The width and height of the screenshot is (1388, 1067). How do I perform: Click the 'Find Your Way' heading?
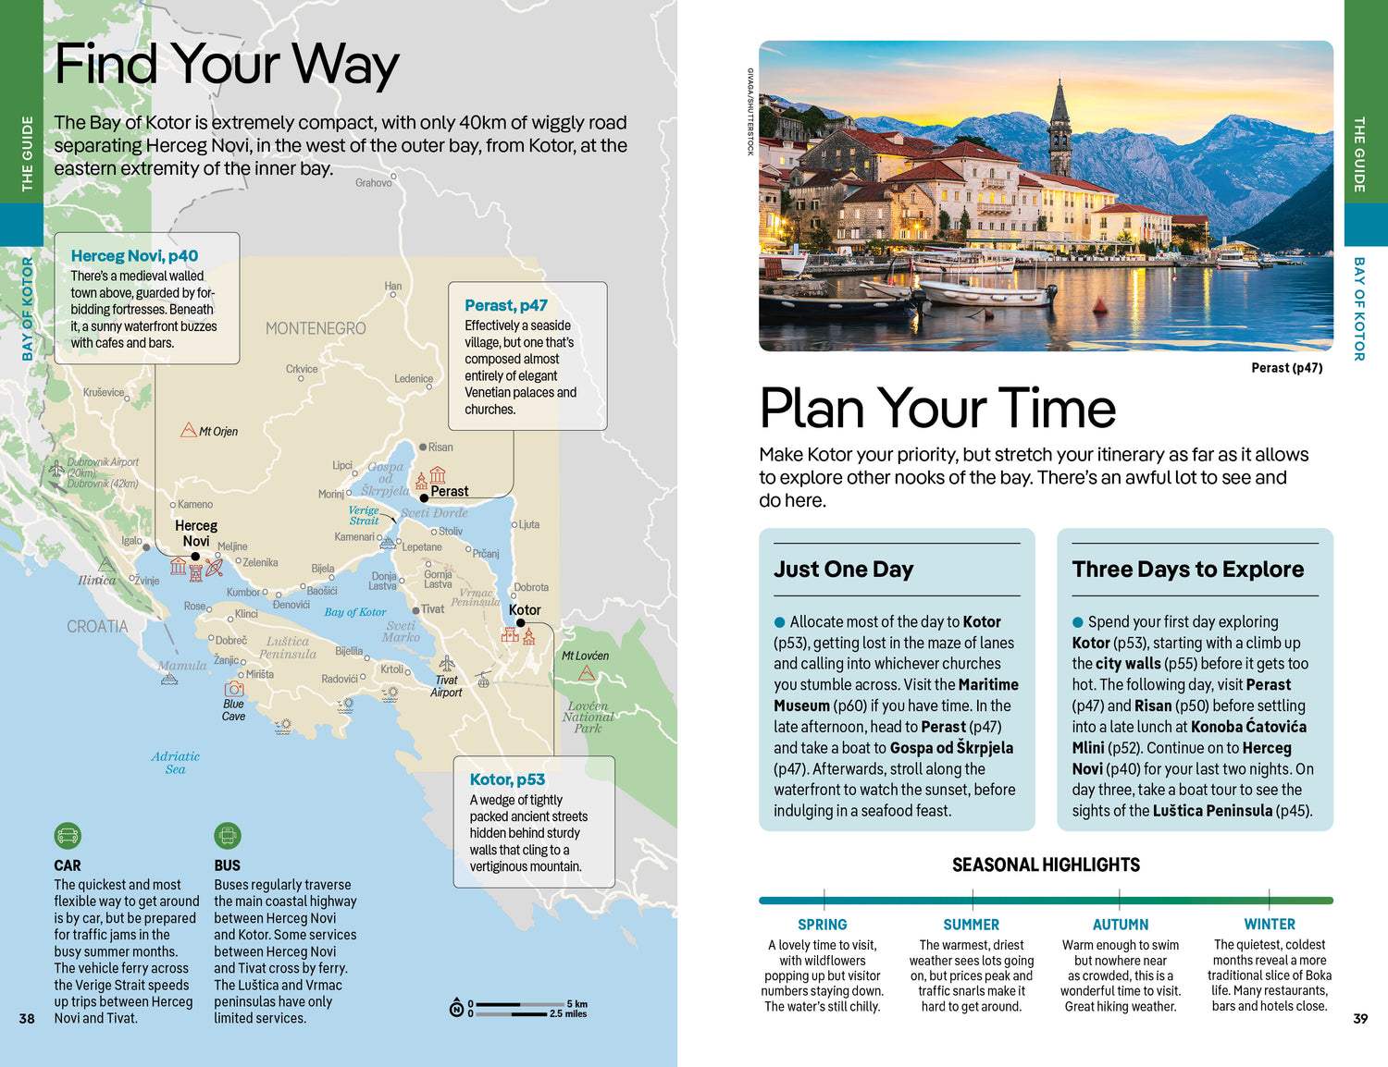tap(227, 65)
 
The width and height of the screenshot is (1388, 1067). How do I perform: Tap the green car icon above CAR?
tap(68, 836)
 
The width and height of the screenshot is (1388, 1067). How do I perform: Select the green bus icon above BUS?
tap(227, 836)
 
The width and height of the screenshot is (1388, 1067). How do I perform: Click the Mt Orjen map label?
tap(218, 432)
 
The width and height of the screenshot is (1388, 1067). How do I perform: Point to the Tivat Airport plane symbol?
tap(447, 663)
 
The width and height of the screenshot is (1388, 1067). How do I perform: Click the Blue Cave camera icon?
tap(234, 688)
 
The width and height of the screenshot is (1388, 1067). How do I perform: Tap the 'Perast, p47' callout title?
tap(506, 305)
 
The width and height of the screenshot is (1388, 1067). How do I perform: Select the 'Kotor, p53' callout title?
tap(507, 779)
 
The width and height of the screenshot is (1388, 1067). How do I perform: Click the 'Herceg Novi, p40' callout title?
tap(134, 256)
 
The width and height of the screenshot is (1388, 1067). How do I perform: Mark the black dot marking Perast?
tap(424, 497)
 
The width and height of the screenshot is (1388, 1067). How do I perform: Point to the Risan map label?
tap(440, 448)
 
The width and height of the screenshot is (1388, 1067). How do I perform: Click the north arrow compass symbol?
tap(456, 1008)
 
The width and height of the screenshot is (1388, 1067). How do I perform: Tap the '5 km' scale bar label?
tap(576, 1004)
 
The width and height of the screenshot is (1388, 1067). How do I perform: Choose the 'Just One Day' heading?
tap(844, 570)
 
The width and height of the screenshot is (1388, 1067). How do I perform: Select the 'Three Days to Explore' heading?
tap(1188, 570)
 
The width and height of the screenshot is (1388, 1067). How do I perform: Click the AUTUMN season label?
tap(1121, 925)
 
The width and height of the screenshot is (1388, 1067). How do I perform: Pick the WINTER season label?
tap(1270, 925)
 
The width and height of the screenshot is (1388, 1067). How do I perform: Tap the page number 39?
tap(1360, 1018)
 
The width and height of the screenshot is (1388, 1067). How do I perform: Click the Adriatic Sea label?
tap(176, 763)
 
